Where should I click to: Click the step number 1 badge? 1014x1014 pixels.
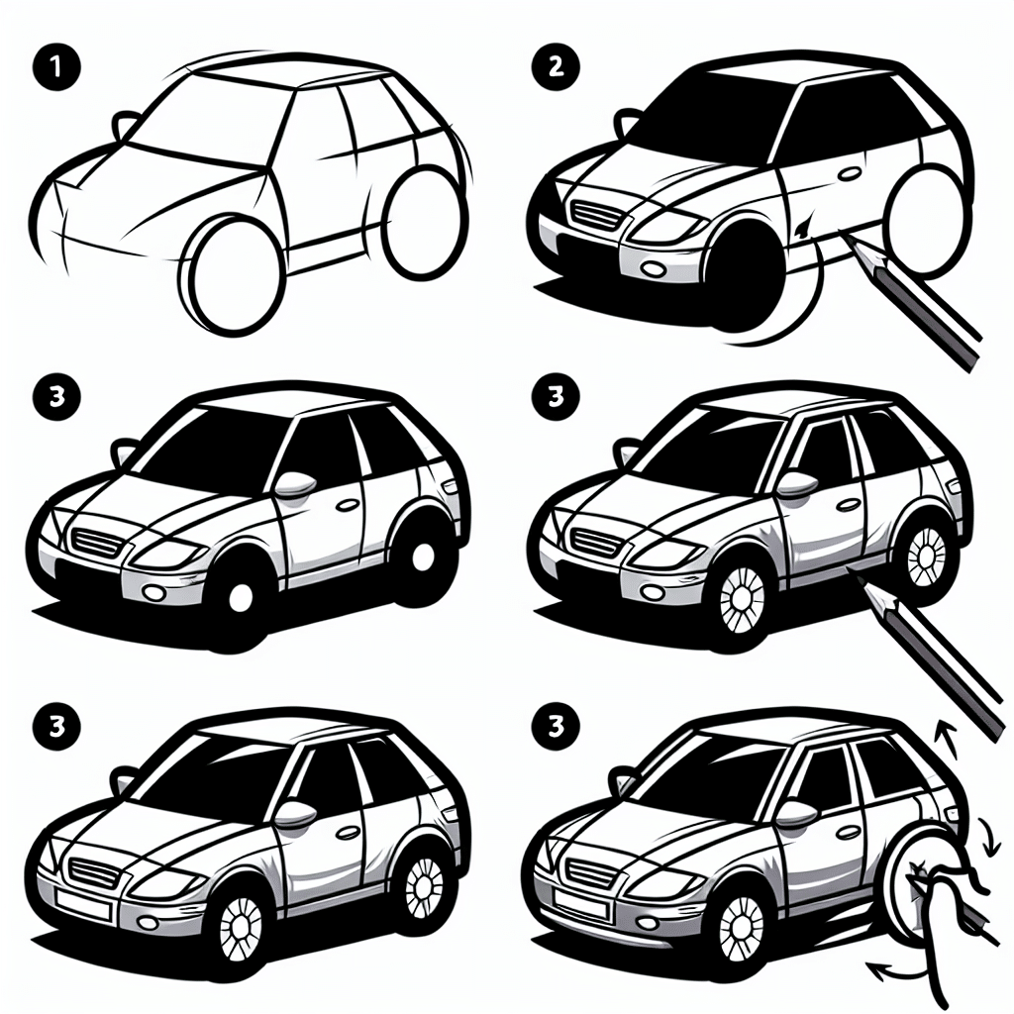point(56,66)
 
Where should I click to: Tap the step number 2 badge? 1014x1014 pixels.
point(556,66)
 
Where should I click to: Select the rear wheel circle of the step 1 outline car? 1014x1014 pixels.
point(425,222)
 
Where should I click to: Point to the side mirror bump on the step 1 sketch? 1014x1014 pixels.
point(125,124)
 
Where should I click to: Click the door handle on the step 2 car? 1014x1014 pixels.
point(848,173)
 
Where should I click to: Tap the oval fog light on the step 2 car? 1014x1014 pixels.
point(653,267)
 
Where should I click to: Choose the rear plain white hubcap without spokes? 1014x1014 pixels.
point(422,557)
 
